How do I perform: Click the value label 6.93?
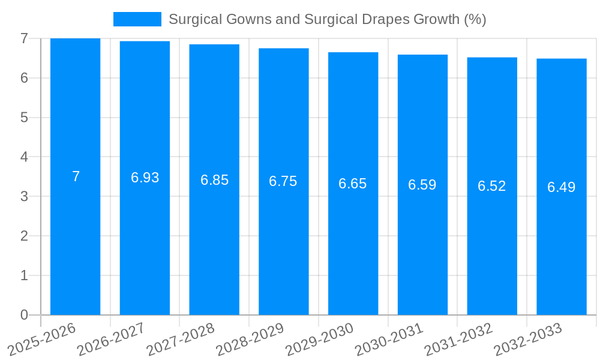coord(145,178)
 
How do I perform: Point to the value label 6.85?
coord(214,180)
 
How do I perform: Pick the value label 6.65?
coord(353,184)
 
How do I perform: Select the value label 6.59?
coord(422,185)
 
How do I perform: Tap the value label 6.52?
coord(492,186)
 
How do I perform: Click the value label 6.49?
coord(562,187)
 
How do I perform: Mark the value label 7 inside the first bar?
coord(76,176)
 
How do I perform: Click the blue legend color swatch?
coord(137,19)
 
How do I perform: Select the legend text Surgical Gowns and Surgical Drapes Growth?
coord(327,19)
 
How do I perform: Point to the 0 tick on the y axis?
coord(24,315)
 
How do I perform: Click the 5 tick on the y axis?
coord(24,118)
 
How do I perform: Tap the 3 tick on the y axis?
coord(24,196)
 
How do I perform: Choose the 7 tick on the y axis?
coord(24,38)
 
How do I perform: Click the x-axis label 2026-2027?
coord(111,340)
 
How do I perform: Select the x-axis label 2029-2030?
coord(319,340)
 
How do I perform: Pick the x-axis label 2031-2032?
coord(458,340)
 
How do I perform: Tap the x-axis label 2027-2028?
coord(181,340)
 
